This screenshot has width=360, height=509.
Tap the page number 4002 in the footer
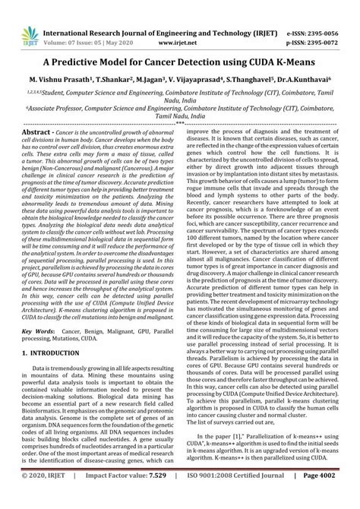pos(338,495)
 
